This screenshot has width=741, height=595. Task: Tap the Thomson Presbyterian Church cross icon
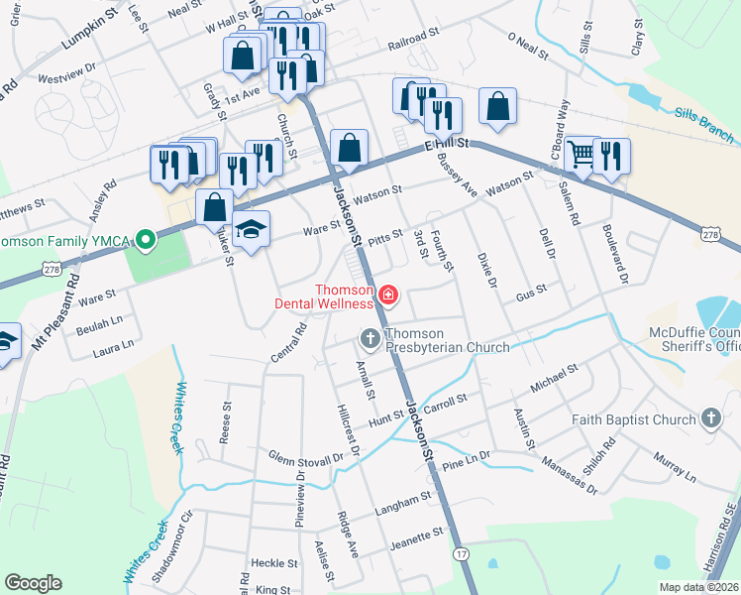[370, 340]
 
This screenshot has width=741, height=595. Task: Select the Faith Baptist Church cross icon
[710, 418]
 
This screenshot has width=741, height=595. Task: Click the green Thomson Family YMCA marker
[146, 240]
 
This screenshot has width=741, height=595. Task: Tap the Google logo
[33, 583]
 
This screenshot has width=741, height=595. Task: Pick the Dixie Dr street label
[485, 269]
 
